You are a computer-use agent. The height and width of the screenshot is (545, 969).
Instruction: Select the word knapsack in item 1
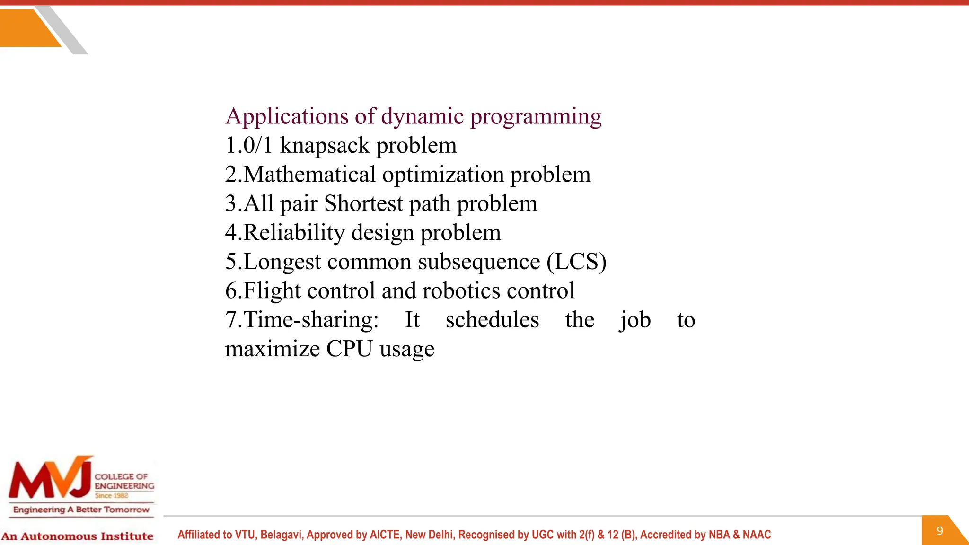pyautogui.click(x=325, y=145)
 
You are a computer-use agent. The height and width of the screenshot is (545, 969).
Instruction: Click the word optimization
pyautogui.click(x=443, y=175)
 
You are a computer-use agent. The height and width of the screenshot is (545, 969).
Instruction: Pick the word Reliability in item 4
pyautogui.click(x=294, y=233)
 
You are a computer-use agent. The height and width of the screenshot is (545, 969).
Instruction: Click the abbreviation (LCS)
pyautogui.click(x=576, y=262)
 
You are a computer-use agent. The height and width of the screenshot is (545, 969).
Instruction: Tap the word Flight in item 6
pyautogui.click(x=272, y=291)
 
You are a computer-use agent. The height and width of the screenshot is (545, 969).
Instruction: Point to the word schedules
pyautogui.click(x=492, y=320)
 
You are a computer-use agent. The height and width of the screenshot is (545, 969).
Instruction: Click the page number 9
pyautogui.click(x=940, y=531)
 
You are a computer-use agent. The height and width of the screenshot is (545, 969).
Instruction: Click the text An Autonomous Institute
pyautogui.click(x=77, y=536)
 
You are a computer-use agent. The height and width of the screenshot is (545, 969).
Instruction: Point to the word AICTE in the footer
pyautogui.click(x=385, y=535)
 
